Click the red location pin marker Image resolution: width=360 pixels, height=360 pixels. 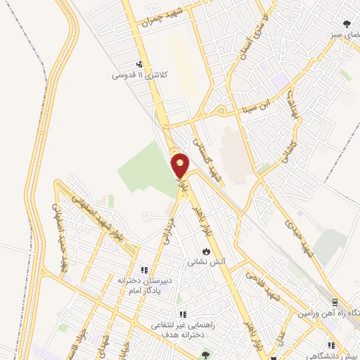[x=180, y=165]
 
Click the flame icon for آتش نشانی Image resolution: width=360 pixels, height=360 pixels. [x=205, y=251]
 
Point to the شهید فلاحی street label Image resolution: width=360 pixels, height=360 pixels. [x=263, y=287]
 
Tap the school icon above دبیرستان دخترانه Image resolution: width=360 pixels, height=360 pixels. [x=144, y=270]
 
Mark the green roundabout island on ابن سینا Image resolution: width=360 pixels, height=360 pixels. [x=221, y=110]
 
